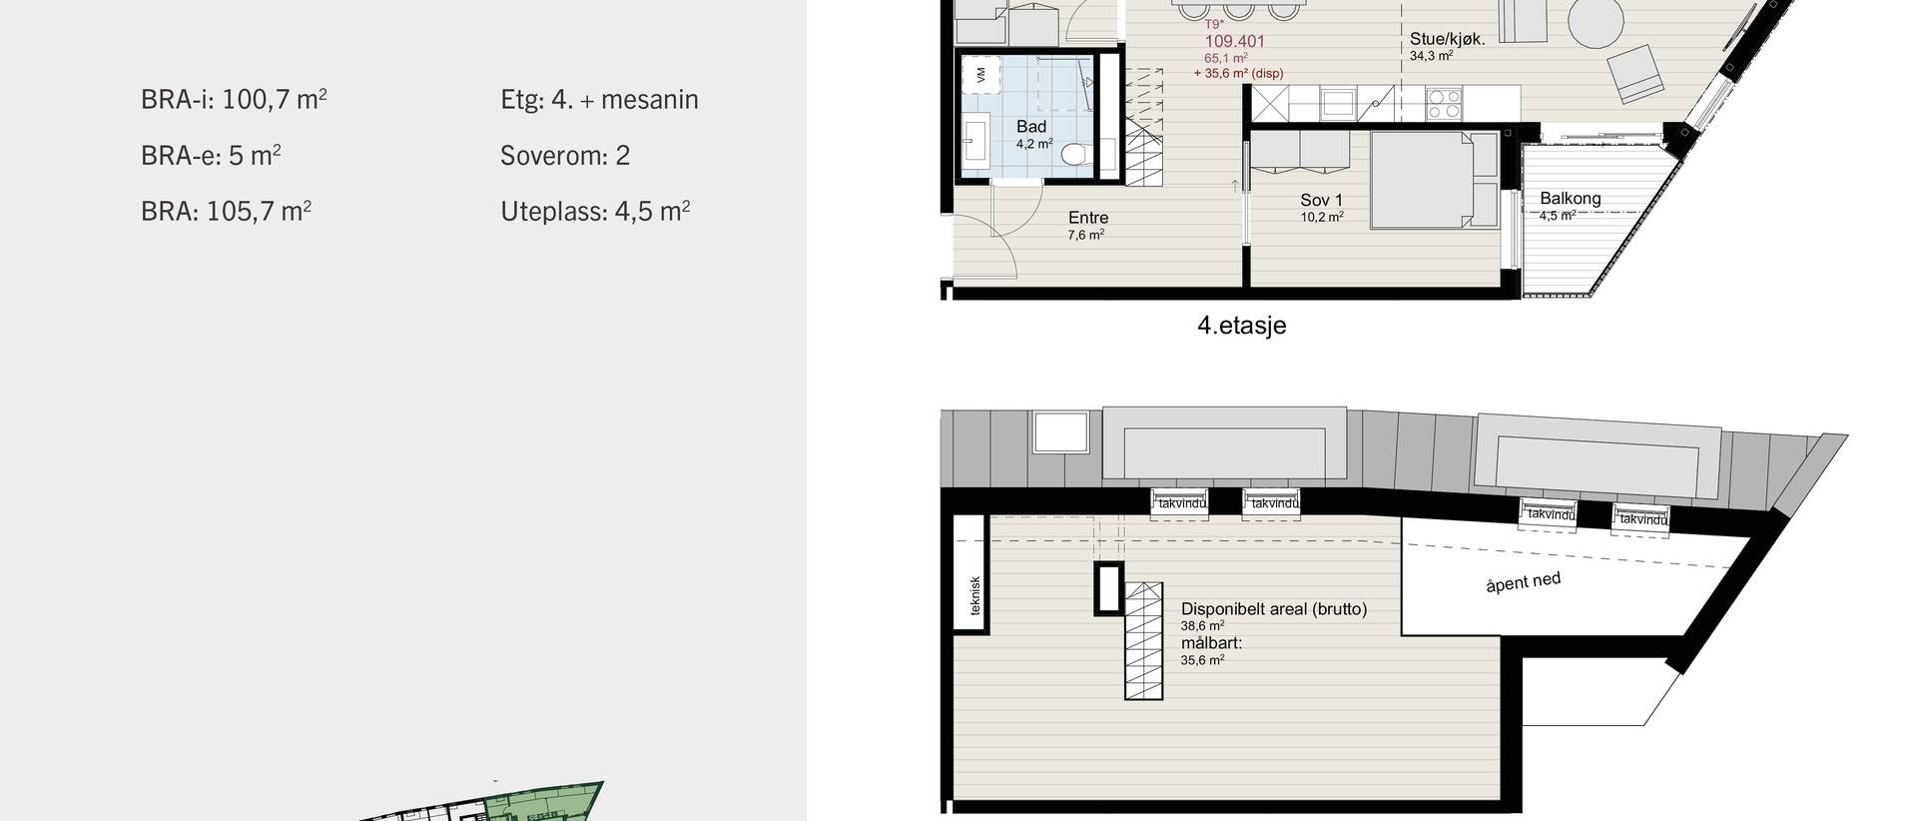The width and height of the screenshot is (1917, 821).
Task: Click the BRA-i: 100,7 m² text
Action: (235, 99)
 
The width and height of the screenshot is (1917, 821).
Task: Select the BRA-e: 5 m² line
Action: (211, 155)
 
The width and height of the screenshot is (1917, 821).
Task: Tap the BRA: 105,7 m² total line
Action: (227, 211)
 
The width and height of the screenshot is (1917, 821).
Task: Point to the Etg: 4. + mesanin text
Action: (599, 99)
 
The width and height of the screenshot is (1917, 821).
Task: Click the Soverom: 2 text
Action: (565, 155)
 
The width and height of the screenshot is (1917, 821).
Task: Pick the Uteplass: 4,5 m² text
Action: (595, 211)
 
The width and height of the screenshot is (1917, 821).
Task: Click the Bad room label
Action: (1031, 126)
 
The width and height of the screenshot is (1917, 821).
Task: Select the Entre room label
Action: (1088, 218)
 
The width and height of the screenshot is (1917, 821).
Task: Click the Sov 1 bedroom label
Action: (1322, 200)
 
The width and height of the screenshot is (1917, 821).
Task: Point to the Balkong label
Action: (1570, 198)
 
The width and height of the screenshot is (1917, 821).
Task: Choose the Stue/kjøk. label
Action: (1448, 40)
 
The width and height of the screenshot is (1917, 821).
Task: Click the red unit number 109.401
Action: (1235, 41)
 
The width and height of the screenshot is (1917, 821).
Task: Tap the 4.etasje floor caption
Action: (1241, 325)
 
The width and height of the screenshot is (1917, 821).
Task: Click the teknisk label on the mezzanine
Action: (975, 596)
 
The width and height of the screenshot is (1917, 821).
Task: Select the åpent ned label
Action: (1523, 582)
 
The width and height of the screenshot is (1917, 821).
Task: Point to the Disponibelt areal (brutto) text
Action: (1274, 608)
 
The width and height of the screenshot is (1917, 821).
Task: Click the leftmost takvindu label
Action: (1181, 503)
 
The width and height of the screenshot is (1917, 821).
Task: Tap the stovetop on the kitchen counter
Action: (1443, 100)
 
